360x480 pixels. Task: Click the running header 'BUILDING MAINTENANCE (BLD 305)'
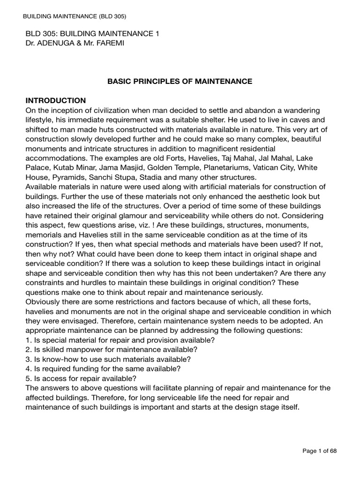click(x=75, y=16)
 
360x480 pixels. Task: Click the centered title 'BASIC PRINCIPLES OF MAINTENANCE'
click(x=180, y=81)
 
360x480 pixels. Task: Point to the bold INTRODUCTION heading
click(x=55, y=100)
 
